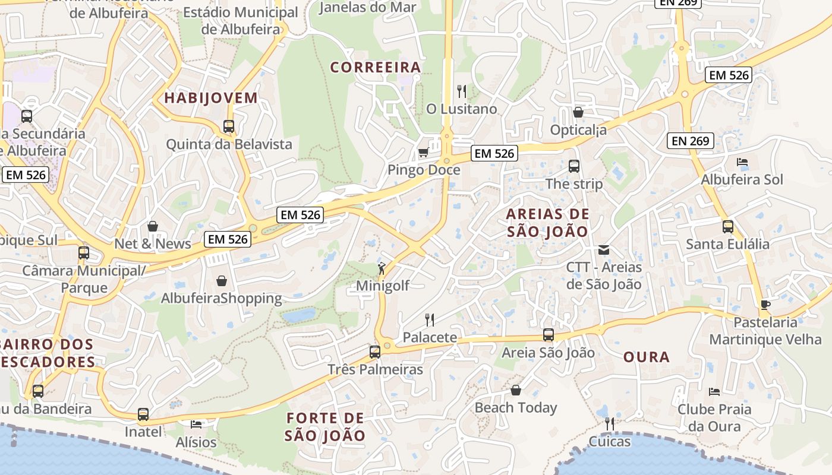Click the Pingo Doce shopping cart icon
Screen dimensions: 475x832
pyautogui.click(x=423, y=153)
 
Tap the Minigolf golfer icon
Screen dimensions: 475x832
pyautogui.click(x=382, y=268)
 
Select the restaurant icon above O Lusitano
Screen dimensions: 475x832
pyautogui.click(x=461, y=91)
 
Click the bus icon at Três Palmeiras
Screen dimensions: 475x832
pyautogui.click(x=375, y=351)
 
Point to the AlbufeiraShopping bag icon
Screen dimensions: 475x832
pyautogui.click(x=222, y=280)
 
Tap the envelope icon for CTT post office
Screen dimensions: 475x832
pyautogui.click(x=604, y=250)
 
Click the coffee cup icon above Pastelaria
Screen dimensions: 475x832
pyautogui.click(x=765, y=305)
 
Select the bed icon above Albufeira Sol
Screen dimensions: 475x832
pyautogui.click(x=742, y=161)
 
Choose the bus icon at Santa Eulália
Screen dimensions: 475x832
pyautogui.click(x=728, y=226)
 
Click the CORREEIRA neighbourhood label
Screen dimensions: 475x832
pyautogui.click(x=376, y=68)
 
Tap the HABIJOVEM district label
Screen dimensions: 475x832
pyautogui.click(x=211, y=98)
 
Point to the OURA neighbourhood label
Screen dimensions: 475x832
pyautogui.click(x=647, y=357)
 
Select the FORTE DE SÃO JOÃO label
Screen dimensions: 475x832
pyautogui.click(x=324, y=427)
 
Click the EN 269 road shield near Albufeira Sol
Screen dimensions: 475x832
pyautogui.click(x=690, y=141)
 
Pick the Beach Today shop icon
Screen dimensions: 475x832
pyautogui.click(x=515, y=390)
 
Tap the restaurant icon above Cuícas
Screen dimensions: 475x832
pyautogui.click(x=609, y=423)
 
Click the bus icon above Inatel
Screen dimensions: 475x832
pyautogui.click(x=143, y=414)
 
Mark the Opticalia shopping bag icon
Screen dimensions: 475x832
pyautogui.click(x=578, y=112)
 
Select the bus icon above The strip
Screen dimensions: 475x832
pyautogui.click(x=574, y=166)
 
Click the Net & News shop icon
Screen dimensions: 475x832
pyautogui.click(x=153, y=226)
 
